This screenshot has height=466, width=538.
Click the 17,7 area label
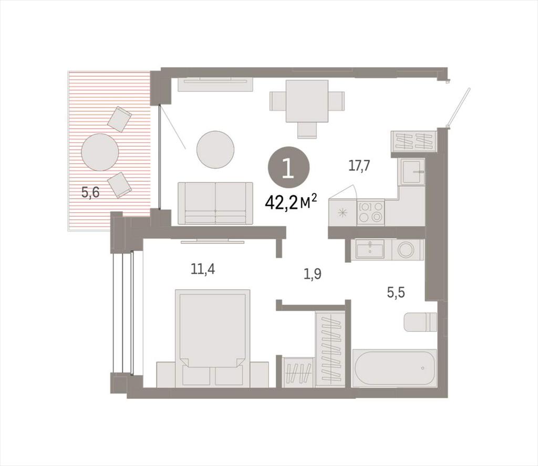359,166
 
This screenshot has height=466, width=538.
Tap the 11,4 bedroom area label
203,270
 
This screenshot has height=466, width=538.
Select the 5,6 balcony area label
90,192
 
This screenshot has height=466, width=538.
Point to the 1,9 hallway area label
312,274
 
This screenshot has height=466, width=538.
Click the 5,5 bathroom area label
396,293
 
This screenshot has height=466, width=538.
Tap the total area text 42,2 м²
290,203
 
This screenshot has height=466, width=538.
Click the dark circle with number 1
288,168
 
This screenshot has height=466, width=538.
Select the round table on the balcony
100,152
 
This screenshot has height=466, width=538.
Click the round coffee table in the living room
215,150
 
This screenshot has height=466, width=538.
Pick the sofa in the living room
215,203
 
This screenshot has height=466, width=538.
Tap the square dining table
307,101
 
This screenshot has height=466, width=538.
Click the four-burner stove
370,212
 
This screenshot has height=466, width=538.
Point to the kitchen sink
413,172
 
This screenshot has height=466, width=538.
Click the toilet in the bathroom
420,322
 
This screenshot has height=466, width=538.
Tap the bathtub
395,368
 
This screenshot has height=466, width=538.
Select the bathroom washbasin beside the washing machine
370,249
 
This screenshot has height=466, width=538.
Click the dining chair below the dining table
307,130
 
